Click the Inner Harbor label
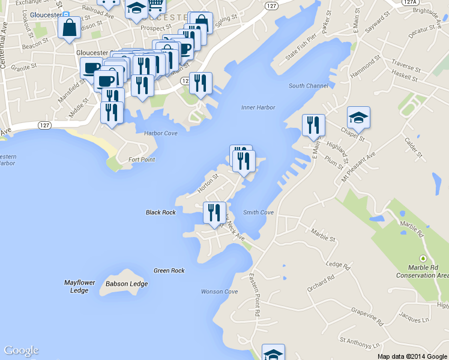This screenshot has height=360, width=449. (x=258, y=107)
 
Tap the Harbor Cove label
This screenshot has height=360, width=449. (x=161, y=133)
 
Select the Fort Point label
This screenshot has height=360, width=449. (x=142, y=160)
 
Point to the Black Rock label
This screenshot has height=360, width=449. (x=161, y=212)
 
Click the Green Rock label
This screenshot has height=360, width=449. (x=169, y=271)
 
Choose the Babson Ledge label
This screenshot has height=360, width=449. (x=127, y=284)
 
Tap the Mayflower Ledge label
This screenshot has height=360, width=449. (x=79, y=286)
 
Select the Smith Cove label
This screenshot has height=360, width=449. (x=258, y=212)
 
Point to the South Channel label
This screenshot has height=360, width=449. (x=308, y=86)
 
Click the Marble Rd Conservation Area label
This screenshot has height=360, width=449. (x=422, y=271)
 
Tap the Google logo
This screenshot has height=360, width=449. (x=21, y=350)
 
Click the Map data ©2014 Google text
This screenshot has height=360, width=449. (x=412, y=356)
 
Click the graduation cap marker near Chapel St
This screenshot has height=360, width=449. (x=358, y=117)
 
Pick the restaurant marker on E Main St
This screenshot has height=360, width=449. (x=313, y=125)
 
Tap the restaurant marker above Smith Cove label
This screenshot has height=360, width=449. (x=214, y=212)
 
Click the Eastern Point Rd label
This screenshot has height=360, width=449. (x=255, y=295)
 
